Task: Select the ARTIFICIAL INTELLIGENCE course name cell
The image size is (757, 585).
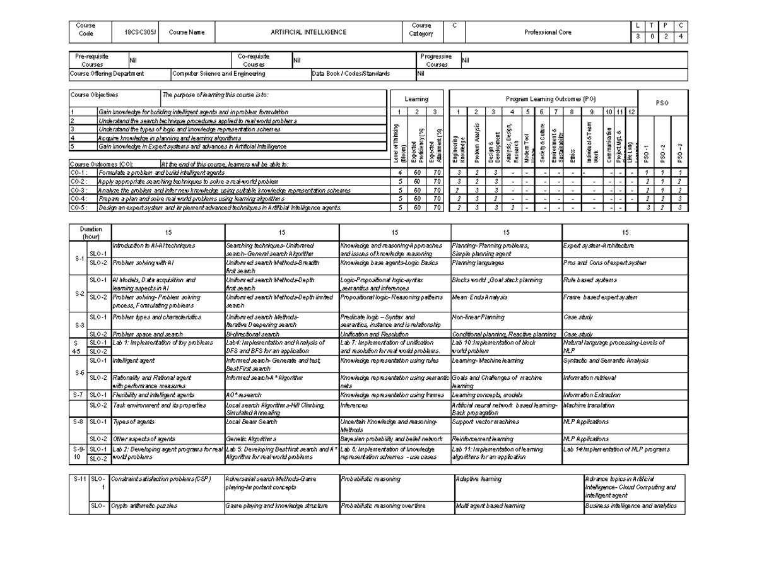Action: tap(308, 32)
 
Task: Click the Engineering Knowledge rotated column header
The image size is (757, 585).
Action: tap(459, 146)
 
